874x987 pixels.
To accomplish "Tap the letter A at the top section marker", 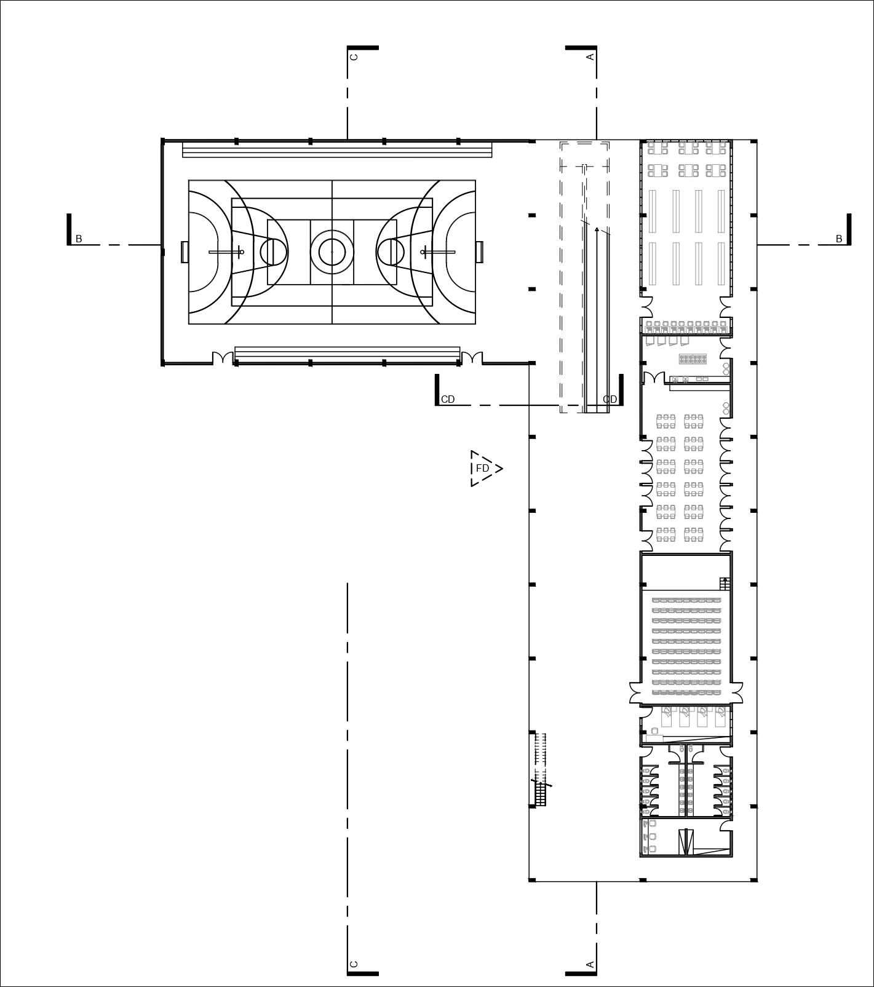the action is pyautogui.click(x=590, y=57).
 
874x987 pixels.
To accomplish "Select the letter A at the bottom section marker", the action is pyautogui.click(x=590, y=964).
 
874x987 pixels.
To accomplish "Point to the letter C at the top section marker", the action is pyautogui.click(x=354, y=57).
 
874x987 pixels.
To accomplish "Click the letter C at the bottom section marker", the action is pyautogui.click(x=354, y=964).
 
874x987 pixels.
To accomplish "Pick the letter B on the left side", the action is pyautogui.click(x=79, y=239).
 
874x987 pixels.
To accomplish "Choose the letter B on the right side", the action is pyautogui.click(x=838, y=239).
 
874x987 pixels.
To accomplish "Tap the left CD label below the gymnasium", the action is pyautogui.click(x=448, y=399).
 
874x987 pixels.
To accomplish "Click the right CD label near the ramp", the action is pyautogui.click(x=610, y=399).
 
